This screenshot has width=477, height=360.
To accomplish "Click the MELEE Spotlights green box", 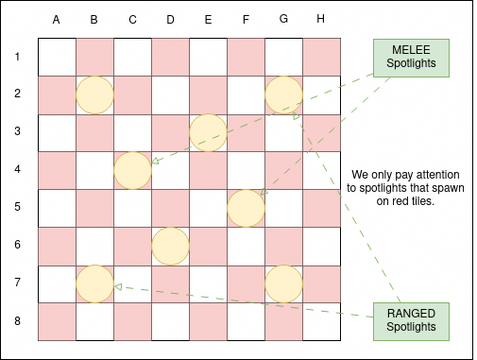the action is pos(411,58).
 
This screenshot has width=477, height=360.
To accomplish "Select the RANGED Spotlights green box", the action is pos(411,321).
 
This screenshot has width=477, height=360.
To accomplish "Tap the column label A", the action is pos(56,20).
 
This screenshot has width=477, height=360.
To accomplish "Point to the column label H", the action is pos(320,19).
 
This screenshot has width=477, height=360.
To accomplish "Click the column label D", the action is pos(170,20).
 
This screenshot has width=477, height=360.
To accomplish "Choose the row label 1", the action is pos(17,57).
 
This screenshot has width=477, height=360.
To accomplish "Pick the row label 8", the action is pos(17,321).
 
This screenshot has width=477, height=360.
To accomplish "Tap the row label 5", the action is pos(17,207).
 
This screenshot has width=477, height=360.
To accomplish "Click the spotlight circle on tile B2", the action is pos(94,94).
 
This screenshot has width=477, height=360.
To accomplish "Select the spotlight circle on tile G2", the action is pos(283,94).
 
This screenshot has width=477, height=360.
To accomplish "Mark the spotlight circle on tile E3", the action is pos(208,132).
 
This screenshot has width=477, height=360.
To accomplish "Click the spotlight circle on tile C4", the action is pos(132,170).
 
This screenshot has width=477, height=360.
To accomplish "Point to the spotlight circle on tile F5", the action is pos(246,208).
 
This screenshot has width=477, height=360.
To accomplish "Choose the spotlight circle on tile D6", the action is pos(170,246).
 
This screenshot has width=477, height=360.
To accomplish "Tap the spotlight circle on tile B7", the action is pos(94,283).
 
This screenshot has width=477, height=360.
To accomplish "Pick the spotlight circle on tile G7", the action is pos(283,283).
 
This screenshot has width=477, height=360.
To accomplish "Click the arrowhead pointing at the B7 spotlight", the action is pos(118,286).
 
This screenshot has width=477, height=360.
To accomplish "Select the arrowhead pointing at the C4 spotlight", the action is pos(155,161).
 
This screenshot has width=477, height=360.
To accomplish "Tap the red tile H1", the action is pos(321,57).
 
